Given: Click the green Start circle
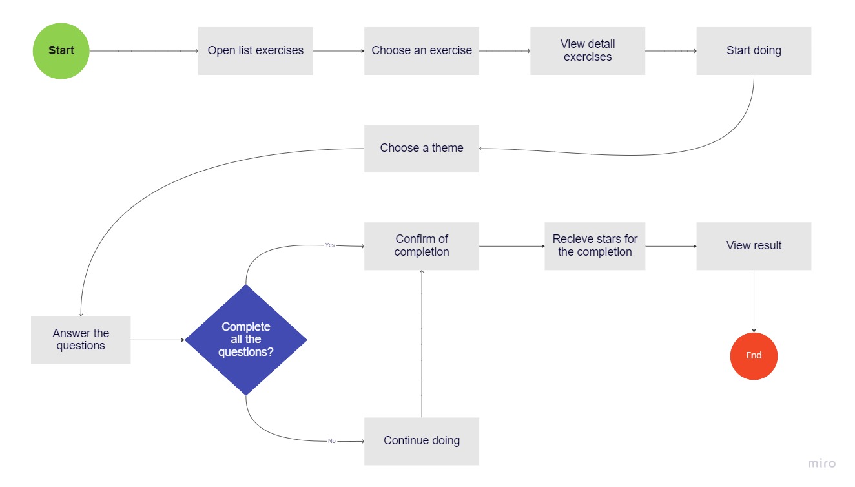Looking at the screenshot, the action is (x=61, y=51).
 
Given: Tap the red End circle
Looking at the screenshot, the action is (x=754, y=356).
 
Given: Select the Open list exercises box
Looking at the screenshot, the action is (x=255, y=51).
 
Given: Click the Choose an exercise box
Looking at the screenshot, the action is (x=422, y=51).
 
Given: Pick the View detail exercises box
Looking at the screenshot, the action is (x=588, y=51).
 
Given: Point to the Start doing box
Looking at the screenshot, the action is (x=754, y=51).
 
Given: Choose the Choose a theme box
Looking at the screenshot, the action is (x=422, y=149).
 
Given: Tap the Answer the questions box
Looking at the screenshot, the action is (x=81, y=340).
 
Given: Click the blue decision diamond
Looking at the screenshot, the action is (x=246, y=340).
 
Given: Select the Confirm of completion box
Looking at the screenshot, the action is (x=422, y=246).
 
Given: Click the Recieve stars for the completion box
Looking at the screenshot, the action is (x=595, y=246).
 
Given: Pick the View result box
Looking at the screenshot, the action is (x=754, y=246).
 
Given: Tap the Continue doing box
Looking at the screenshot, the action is (x=422, y=441).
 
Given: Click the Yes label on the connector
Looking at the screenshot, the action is (x=330, y=245).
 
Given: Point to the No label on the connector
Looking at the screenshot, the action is (x=332, y=441).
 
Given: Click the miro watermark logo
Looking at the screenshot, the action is (x=822, y=463).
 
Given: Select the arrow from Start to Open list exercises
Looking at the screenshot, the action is (x=144, y=51).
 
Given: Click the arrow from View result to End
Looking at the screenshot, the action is (x=754, y=301).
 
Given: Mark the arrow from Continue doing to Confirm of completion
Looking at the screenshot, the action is (x=422, y=344).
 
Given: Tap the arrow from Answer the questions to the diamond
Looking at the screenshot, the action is (x=158, y=340).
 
